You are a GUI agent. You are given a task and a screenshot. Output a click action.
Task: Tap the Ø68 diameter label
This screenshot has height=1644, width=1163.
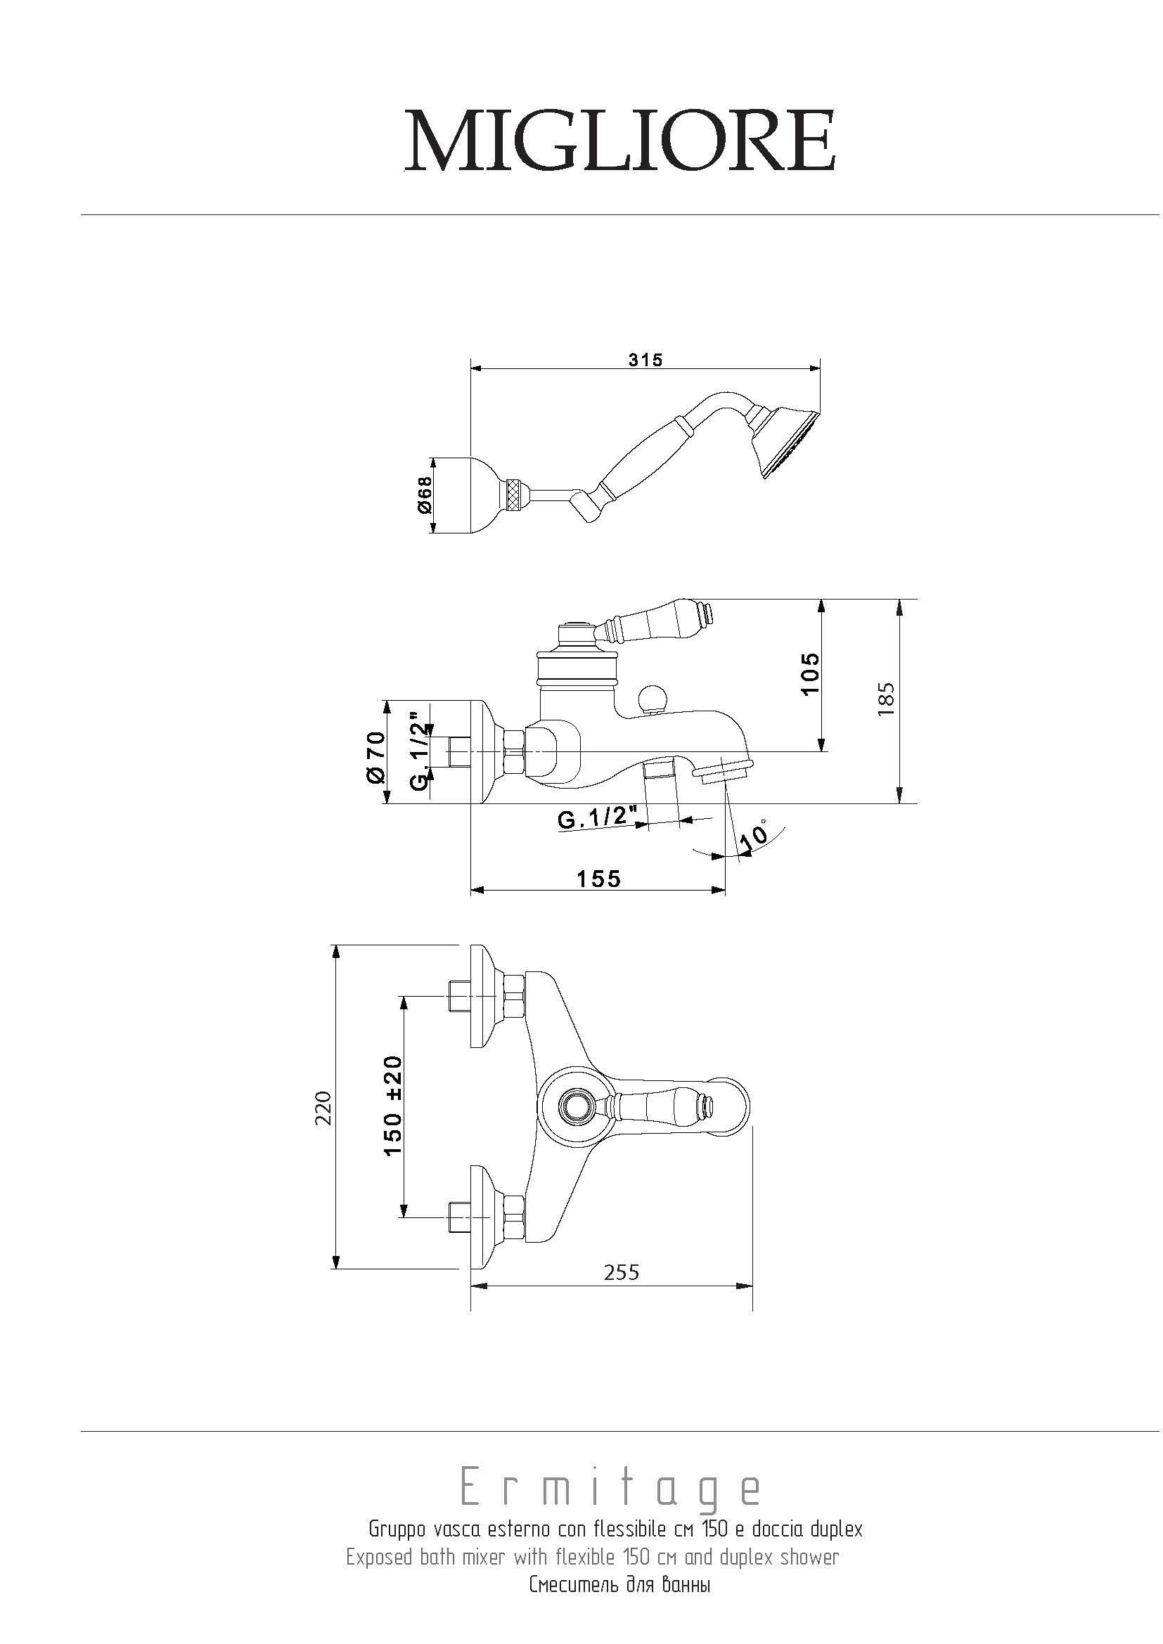(x=425, y=496)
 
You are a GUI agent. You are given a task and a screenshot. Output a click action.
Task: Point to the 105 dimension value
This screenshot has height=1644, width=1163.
(x=810, y=673)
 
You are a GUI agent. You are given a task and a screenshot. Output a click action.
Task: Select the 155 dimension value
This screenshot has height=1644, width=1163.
(x=599, y=878)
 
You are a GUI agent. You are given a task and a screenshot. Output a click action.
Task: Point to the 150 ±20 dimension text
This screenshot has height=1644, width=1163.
(x=393, y=1106)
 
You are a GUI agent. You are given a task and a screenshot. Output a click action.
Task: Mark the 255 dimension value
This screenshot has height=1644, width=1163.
(x=622, y=1272)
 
